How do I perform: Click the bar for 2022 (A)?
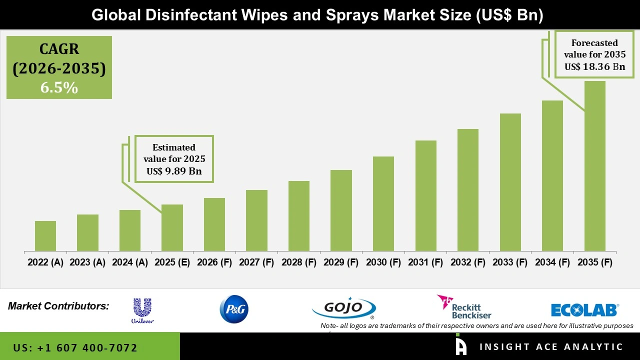pos(45,236)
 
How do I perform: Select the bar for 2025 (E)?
pos(172,227)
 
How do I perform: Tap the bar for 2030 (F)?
pos(383,203)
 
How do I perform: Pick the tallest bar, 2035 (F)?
pos(595,166)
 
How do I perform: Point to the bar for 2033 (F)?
pos(510,182)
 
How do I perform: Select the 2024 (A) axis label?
pos(130,262)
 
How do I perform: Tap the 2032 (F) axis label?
pos(468,262)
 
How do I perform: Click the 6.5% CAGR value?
pos(59,88)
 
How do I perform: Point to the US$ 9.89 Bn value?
pos(174,171)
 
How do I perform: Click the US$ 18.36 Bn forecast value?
pos(594,66)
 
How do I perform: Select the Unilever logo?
pos(142,310)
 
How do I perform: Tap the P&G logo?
pos(234,309)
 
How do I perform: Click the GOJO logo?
pos(344,308)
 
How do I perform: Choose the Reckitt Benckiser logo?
pos(464,307)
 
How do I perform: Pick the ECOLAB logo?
pos(584,310)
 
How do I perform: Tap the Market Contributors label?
pos(58,306)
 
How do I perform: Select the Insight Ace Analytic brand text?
pos(551,347)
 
